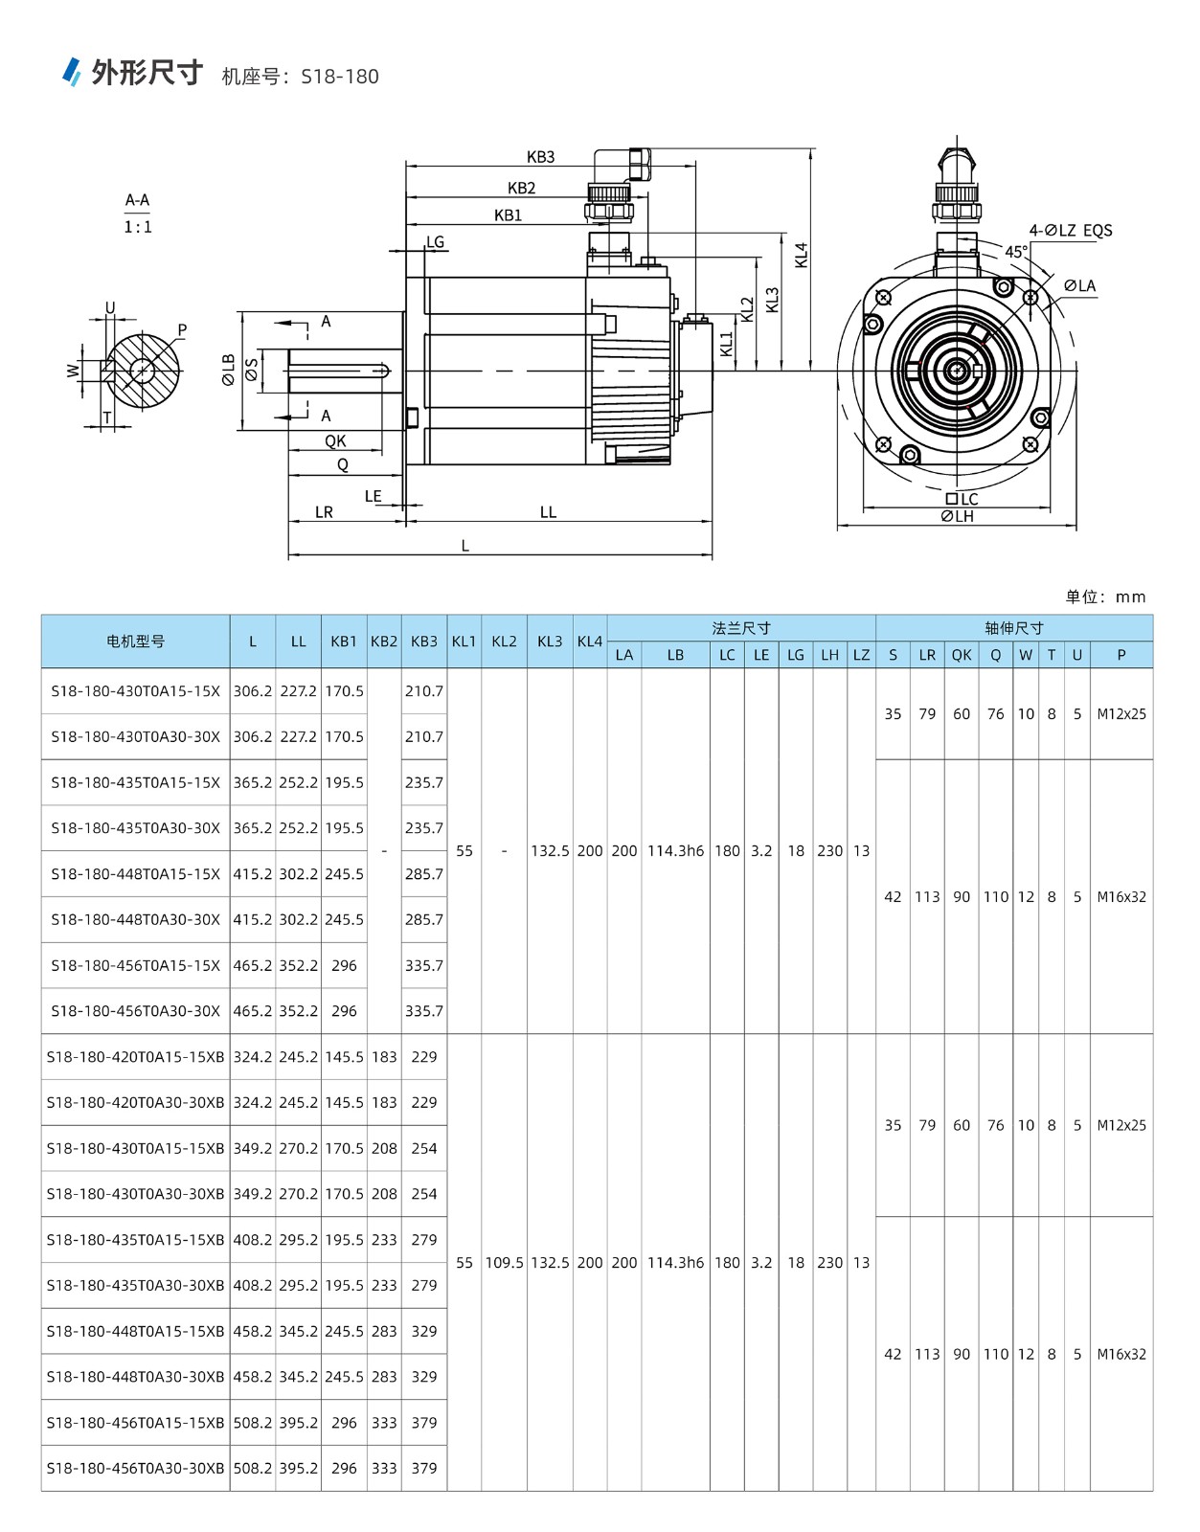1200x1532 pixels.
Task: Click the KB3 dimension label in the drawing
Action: point(540,156)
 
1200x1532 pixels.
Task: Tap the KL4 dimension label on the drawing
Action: point(801,256)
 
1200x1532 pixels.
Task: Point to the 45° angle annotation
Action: point(1016,252)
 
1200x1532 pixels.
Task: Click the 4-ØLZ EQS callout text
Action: point(1071,231)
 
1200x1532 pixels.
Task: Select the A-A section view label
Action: point(138,200)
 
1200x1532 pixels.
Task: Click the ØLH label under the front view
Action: point(957,517)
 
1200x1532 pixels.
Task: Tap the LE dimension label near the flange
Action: point(373,496)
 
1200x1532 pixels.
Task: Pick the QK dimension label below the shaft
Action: point(335,441)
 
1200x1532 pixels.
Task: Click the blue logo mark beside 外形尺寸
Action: point(71,71)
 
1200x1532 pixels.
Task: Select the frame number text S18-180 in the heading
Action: point(340,77)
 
